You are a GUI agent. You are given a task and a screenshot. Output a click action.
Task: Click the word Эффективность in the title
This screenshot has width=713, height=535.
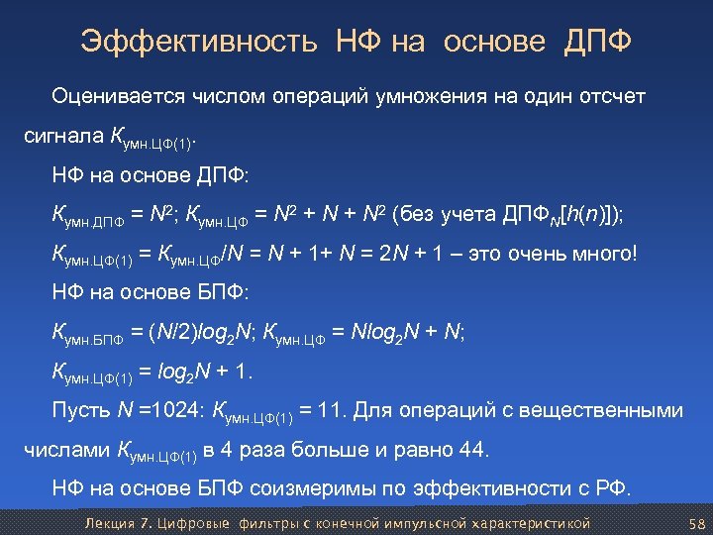click(x=199, y=42)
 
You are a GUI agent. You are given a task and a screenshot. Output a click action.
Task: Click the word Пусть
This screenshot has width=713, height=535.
click(x=79, y=410)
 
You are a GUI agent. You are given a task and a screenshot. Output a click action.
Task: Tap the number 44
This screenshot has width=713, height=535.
click(x=472, y=451)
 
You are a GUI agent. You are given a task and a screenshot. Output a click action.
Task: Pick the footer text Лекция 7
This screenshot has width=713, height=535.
click(x=115, y=523)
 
